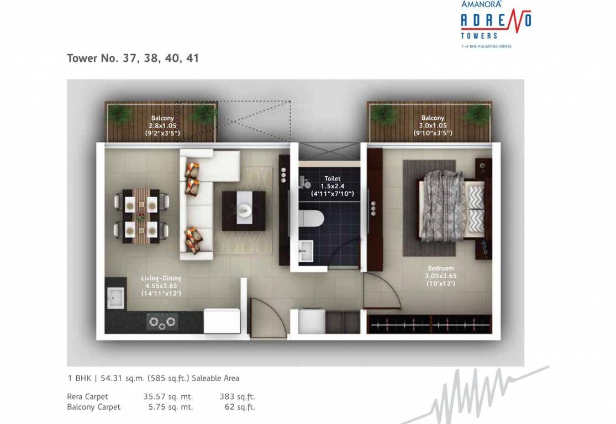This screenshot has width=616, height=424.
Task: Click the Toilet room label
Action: [332, 179]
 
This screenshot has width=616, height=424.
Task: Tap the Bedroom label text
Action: [440, 269]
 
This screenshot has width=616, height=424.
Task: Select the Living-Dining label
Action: [161, 278]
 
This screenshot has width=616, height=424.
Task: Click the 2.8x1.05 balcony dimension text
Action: [162, 125]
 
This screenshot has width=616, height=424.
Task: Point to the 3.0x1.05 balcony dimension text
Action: [433, 125]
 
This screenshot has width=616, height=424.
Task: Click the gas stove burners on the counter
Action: [162, 321]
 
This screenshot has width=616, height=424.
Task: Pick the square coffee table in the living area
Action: [244, 211]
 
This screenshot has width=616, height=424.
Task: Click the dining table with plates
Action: [141, 216]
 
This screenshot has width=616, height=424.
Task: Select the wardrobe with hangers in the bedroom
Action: [429, 324]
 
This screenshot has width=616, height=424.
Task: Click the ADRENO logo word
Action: [496, 21]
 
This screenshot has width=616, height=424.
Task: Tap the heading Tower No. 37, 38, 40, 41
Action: [133, 58]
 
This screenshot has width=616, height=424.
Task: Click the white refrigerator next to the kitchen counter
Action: [222, 321]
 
